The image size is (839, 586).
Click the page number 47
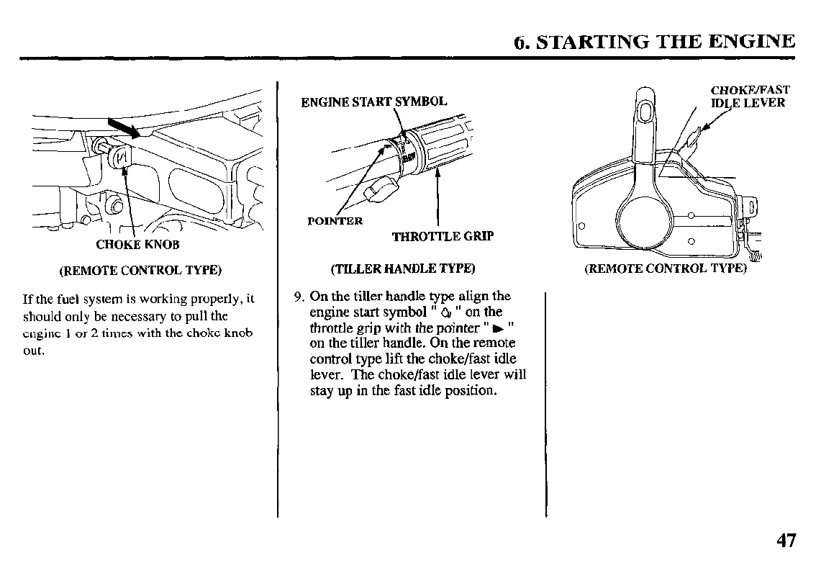click(x=786, y=541)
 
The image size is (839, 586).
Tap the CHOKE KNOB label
click(x=137, y=244)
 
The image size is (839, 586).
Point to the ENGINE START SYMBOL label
click(x=373, y=102)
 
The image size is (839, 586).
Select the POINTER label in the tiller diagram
click(x=335, y=221)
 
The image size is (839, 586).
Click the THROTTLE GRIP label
click(x=443, y=236)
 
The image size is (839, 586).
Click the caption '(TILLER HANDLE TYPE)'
click(x=402, y=269)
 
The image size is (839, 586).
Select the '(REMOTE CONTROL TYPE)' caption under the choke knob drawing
click(x=140, y=271)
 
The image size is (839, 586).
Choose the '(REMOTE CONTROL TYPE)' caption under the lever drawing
click(x=666, y=269)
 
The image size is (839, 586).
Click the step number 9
click(x=299, y=296)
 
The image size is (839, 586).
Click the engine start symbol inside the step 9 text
click(x=446, y=312)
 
